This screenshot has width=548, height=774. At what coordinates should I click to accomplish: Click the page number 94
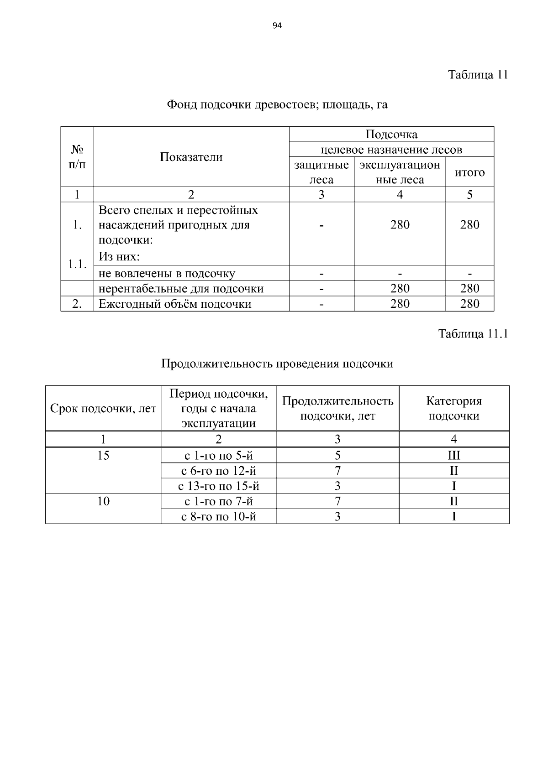click(x=277, y=26)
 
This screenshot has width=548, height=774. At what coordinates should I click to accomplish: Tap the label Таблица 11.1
click(x=473, y=334)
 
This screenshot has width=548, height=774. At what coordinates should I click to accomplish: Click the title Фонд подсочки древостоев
click(x=277, y=105)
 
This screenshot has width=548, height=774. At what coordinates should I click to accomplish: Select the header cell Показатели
click(x=191, y=157)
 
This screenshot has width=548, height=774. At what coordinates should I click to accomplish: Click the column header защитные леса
click(x=321, y=172)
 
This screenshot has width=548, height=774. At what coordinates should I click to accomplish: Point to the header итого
click(x=469, y=172)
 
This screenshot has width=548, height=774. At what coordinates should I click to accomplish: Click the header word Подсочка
click(x=391, y=134)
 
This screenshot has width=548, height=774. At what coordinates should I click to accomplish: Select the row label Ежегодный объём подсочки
click(x=175, y=304)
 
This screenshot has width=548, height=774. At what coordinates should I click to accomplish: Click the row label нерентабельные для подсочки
click(x=181, y=288)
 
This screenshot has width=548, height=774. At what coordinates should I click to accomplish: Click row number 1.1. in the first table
click(x=77, y=264)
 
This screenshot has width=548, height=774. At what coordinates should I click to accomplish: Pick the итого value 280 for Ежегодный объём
click(x=469, y=304)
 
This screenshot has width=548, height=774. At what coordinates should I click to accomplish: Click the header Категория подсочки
click(x=454, y=408)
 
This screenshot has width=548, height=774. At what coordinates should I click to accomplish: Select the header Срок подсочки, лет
click(x=103, y=409)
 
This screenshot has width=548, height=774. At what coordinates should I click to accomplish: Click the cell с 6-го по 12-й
click(x=219, y=471)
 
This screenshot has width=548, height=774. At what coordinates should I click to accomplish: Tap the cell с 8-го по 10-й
click(x=219, y=517)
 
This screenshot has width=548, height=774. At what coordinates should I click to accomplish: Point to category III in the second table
click(x=454, y=455)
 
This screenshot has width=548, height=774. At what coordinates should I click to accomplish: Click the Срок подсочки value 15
click(x=103, y=455)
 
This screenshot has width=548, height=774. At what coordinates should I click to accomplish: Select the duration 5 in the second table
click(x=337, y=455)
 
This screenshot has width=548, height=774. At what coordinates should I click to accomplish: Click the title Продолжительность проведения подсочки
click(x=277, y=364)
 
